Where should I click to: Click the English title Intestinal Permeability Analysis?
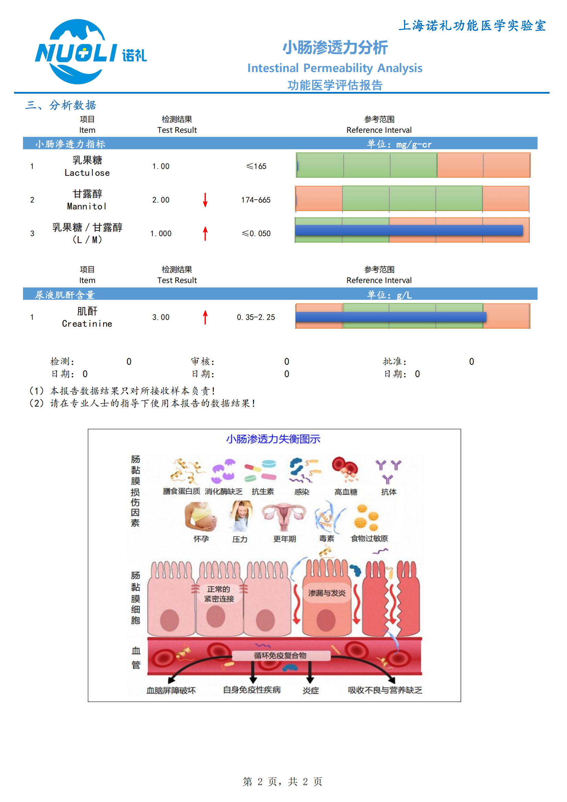coord(335,68)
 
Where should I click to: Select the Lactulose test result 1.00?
coord(161,166)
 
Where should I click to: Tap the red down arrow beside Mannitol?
coord(205,200)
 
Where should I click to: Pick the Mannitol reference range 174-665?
coord(256,200)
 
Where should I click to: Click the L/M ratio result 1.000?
coord(161,233)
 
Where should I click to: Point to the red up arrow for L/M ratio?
coord(205,233)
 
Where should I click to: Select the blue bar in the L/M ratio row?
coord(409,230)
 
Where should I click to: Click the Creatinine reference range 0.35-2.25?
coord(256,317)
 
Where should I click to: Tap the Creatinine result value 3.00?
coord(161,317)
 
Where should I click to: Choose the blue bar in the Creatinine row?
coord(391,317)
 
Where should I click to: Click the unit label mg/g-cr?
coord(414,144)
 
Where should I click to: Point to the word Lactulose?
coord(87,173)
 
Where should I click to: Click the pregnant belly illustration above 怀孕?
coord(201,516)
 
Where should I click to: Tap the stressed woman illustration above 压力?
coord(241,516)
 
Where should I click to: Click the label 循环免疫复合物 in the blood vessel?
coord(280,655)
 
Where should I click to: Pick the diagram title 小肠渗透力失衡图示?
coord(273,439)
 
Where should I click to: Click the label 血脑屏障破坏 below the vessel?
coord(171,690)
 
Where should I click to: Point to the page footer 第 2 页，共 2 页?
coord(282,781)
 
